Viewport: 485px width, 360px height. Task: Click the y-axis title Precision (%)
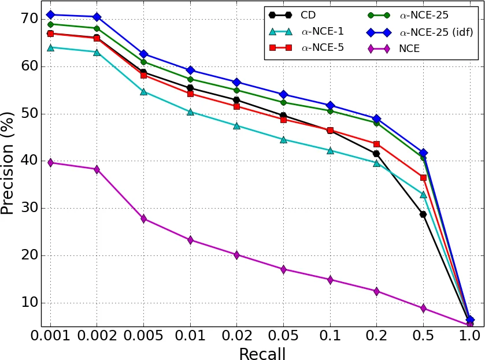click(8, 164)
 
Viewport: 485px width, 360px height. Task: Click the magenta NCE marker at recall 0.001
click(50, 163)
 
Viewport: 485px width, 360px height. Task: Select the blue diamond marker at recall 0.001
click(50, 14)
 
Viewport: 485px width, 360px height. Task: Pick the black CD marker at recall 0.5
click(423, 214)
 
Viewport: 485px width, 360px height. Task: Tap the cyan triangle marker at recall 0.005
click(143, 91)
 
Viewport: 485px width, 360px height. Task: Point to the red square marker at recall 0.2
click(376, 144)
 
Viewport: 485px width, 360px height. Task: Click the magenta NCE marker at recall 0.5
click(423, 309)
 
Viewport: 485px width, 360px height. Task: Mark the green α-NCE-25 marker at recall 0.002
click(97, 28)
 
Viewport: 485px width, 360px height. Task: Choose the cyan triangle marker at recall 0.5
click(423, 195)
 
